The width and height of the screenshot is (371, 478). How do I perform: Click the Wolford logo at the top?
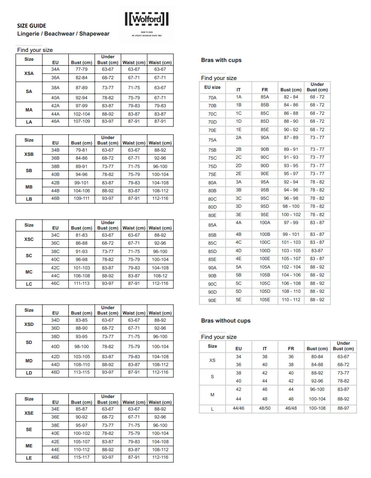coord(146,19)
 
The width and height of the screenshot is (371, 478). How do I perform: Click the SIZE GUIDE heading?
coord(32,26)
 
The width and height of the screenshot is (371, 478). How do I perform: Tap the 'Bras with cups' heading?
coord(221,60)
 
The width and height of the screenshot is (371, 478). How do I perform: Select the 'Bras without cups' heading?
coord(226,321)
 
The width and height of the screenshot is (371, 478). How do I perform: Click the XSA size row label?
coord(29,73)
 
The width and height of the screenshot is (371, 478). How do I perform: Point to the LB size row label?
coord(29,199)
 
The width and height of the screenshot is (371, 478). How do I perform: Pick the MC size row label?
coord(29,272)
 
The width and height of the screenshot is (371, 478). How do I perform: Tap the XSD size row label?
coord(29,324)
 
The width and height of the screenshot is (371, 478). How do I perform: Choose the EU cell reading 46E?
coord(55,457)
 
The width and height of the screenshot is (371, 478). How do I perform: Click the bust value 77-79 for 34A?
coord(82,69)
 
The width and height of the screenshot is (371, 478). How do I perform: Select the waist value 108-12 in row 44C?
coord(160,276)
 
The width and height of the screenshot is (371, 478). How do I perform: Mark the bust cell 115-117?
coord(82,457)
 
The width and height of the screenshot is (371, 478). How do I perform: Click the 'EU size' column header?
coord(212,87)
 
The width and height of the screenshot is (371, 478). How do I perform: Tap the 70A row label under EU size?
coord(212,98)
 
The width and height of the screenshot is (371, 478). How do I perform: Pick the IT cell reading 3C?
coord(239,199)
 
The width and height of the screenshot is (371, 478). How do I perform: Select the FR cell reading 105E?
coord(265,300)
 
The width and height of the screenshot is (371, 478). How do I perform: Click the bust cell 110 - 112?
coord(291,300)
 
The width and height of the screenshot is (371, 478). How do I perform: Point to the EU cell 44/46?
coord(239,408)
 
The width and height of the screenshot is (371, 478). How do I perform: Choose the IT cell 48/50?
coord(265,408)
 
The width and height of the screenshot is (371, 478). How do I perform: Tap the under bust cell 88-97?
coord(343,408)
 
